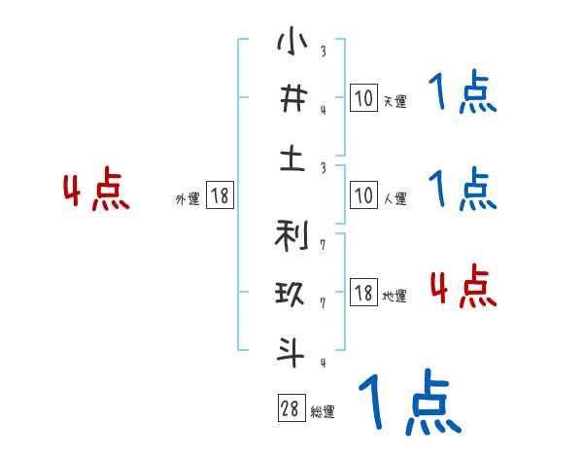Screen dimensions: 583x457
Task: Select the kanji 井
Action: click(x=291, y=100)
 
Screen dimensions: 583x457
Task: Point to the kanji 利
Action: click(x=291, y=236)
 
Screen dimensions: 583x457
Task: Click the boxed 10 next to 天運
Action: click(x=363, y=98)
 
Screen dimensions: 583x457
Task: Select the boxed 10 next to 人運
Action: click(x=363, y=195)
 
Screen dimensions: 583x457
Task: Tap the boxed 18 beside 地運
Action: click(x=363, y=293)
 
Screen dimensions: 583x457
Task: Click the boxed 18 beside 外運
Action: click(x=220, y=195)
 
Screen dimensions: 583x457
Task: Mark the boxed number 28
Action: click(x=291, y=408)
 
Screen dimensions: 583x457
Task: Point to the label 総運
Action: click(x=323, y=411)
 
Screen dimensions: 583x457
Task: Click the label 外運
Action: click(x=187, y=198)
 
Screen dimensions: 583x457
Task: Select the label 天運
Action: click(x=394, y=101)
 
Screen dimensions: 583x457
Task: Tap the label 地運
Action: click(x=394, y=296)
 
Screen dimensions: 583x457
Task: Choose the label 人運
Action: click(x=394, y=198)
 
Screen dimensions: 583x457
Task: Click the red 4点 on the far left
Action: click(x=96, y=192)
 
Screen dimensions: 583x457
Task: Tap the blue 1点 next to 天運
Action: click(x=463, y=93)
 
